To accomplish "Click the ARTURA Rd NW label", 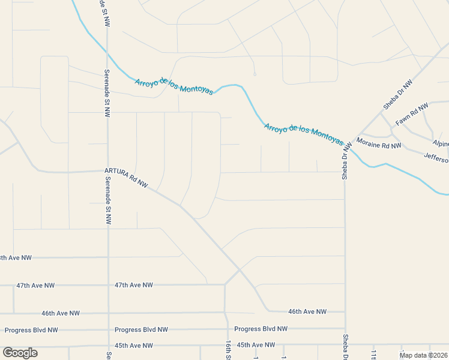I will click(126, 178).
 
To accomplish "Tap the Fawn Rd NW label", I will click(412, 115).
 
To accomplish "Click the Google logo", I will click(20, 353).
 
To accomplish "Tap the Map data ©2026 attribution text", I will click(424, 355).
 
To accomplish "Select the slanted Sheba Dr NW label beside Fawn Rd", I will click(398, 94).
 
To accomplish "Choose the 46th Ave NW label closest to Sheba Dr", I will click(307, 312).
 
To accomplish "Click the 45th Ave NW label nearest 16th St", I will click(256, 345).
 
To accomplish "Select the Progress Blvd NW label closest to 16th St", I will click(261, 329).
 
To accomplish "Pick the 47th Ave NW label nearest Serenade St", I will click(134, 285).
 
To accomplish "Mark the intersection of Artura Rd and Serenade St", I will click(108, 171).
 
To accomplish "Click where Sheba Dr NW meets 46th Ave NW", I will click(345, 312).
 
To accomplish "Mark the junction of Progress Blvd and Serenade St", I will click(108, 330).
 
